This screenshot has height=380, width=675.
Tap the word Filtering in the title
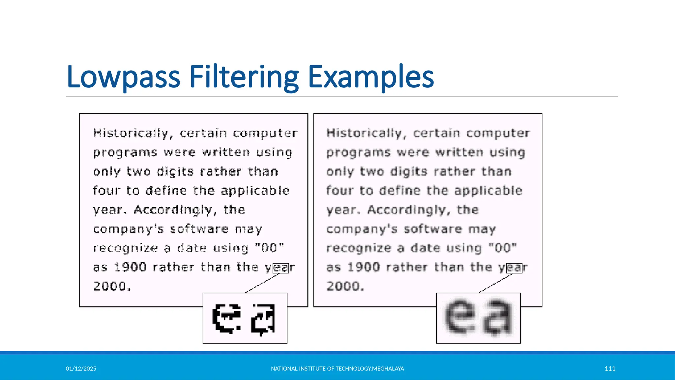pyautogui.click(x=244, y=77)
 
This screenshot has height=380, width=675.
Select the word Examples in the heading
pyautogui.click(x=371, y=77)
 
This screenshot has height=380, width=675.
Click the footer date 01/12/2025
pyautogui.click(x=81, y=368)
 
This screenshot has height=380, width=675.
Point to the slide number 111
pyautogui.click(x=610, y=368)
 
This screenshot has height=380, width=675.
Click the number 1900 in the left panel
pyautogui.click(x=130, y=267)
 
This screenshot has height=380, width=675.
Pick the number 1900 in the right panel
pyautogui.click(x=364, y=267)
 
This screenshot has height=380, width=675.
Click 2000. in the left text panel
pyautogui.click(x=112, y=286)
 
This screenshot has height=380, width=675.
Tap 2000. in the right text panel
pyautogui.click(x=345, y=286)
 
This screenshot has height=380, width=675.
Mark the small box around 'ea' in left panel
pyautogui.click(x=281, y=268)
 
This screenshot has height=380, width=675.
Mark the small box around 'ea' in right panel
pyautogui.click(x=514, y=268)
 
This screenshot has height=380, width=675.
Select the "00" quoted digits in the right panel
pyautogui.click(x=503, y=248)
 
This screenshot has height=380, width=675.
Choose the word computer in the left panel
pyautogui.click(x=265, y=133)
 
